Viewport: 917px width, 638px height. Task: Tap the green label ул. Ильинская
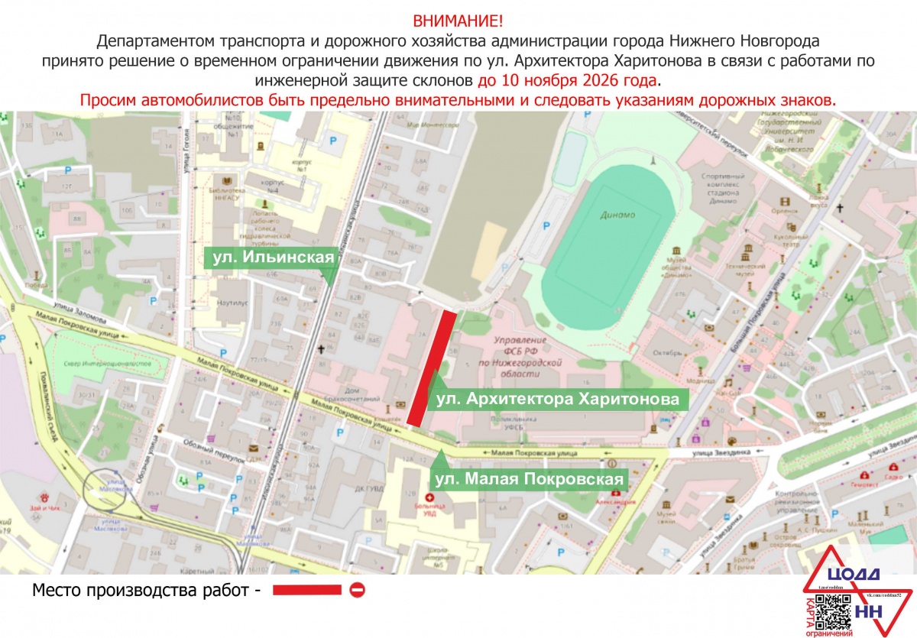pyautogui.click(x=272, y=257)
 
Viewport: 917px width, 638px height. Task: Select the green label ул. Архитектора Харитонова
pyautogui.click(x=556, y=400)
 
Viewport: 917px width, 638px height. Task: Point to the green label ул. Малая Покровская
pyautogui.click(x=529, y=479)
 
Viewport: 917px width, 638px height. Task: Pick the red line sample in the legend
pyautogui.click(x=306, y=590)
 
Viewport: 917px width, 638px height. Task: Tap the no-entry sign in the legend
pyautogui.click(x=357, y=590)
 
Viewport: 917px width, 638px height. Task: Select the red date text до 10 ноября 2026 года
pyautogui.click(x=567, y=80)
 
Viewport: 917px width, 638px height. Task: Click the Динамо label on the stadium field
pyautogui.click(x=617, y=215)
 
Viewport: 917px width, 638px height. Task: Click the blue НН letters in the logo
pyautogui.click(x=868, y=611)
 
